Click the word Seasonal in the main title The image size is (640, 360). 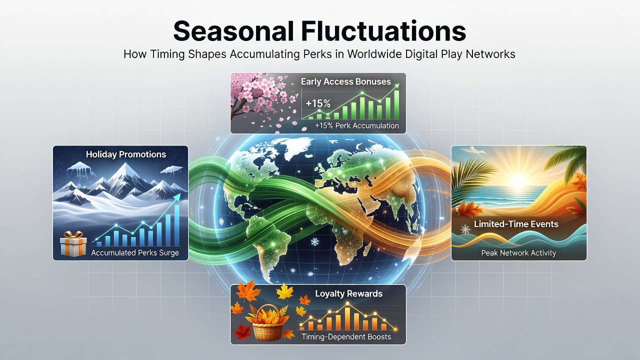pyautogui.click(x=233, y=30)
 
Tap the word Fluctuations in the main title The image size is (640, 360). pyautogui.click(x=383, y=30)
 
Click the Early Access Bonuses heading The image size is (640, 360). pyautogui.click(x=345, y=81)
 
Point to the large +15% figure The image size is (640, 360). pyautogui.click(x=317, y=103)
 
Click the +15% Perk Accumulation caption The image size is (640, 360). pyautogui.click(x=357, y=125)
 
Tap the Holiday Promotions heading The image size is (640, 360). pyautogui.click(x=125, y=154)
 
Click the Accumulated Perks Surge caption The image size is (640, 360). pyautogui.click(x=135, y=253)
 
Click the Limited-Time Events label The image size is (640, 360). pyautogui.click(x=516, y=224)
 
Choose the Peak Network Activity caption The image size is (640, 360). pyautogui.click(x=518, y=253)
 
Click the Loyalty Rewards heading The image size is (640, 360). pyautogui.click(x=348, y=293)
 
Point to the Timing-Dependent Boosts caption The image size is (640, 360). pyautogui.click(x=346, y=337)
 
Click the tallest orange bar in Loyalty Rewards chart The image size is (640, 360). pyautogui.click(x=347, y=318)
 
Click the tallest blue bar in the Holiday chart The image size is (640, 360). pyautogui.click(x=177, y=225)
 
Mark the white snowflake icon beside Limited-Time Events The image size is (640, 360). pyautogui.click(x=465, y=229)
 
